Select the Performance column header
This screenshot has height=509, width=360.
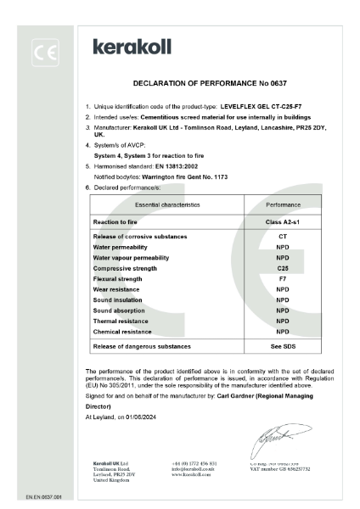tap(283, 204)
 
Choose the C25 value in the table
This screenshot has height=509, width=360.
tap(283, 267)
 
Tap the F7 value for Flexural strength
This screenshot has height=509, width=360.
tap(283, 278)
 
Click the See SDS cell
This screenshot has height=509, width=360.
tap(283, 346)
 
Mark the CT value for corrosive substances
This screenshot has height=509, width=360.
tap(283, 235)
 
